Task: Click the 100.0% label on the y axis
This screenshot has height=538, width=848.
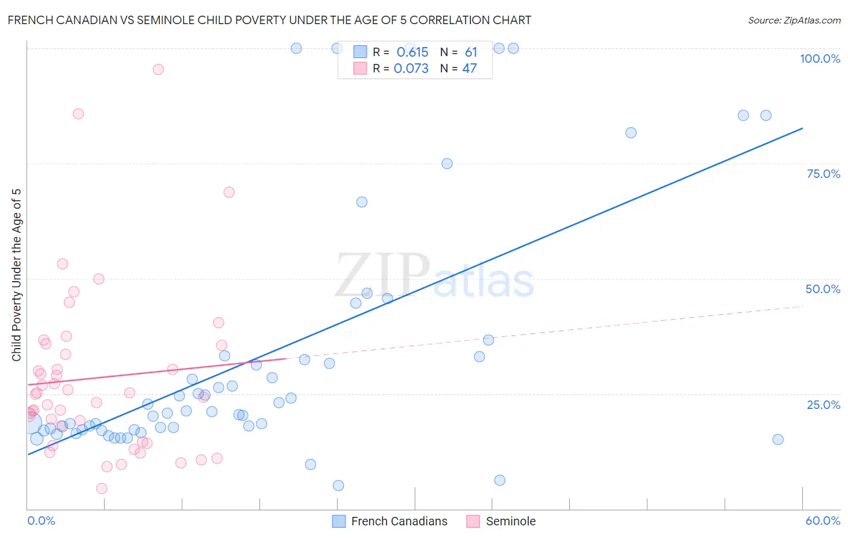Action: pyautogui.click(x=820, y=59)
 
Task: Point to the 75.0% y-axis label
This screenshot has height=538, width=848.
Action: pyautogui.click(x=823, y=174)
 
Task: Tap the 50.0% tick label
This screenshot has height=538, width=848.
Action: pyautogui.click(x=823, y=289)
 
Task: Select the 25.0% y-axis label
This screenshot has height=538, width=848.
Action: pyautogui.click(x=823, y=405)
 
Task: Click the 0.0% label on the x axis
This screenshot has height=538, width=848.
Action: pyautogui.click(x=41, y=521)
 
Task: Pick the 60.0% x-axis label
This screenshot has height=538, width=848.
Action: pyautogui.click(x=823, y=521)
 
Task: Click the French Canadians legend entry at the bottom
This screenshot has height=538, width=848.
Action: pyautogui.click(x=390, y=521)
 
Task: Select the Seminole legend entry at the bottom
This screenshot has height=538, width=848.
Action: pyautogui.click(x=501, y=521)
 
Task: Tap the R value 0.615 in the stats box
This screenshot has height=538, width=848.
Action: pyautogui.click(x=412, y=52)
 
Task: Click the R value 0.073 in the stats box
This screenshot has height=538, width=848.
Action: pyautogui.click(x=411, y=69)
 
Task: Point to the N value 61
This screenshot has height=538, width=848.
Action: pyautogui.click(x=470, y=52)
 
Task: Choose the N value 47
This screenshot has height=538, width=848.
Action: pyautogui.click(x=469, y=69)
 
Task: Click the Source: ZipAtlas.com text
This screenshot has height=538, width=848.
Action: pyautogui.click(x=794, y=21)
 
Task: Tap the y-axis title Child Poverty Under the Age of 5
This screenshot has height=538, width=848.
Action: pyautogui.click(x=17, y=275)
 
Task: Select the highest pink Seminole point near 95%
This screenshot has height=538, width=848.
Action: pyautogui.click(x=158, y=69)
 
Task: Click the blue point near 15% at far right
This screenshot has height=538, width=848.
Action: pyautogui.click(x=778, y=440)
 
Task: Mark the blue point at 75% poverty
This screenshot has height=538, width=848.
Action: pyautogui.click(x=447, y=163)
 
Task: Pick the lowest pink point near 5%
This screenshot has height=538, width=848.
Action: pyautogui.click(x=102, y=489)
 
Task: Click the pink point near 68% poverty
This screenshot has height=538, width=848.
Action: pyautogui.click(x=229, y=192)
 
